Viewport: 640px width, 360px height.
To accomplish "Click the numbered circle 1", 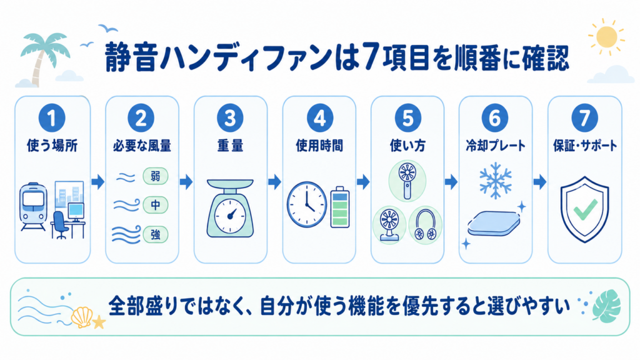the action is pyautogui.click(x=52, y=118).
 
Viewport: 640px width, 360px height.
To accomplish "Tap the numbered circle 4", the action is pyautogui.click(x=319, y=118).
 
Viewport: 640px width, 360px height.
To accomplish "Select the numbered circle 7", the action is pyautogui.click(x=584, y=118).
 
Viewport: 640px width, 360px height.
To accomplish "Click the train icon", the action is pyautogui.click(x=34, y=206).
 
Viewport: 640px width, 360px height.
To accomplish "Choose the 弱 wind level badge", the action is pyautogui.click(x=156, y=176).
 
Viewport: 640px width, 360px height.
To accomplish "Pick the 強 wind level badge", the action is pyautogui.click(x=156, y=235).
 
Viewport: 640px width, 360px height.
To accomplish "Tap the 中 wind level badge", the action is pyautogui.click(x=156, y=205).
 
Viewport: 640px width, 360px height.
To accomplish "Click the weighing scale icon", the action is pyautogui.click(x=230, y=208).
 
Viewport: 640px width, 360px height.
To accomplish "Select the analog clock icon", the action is pyautogui.click(x=306, y=204).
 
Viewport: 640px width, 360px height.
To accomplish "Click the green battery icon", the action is pyautogui.click(x=339, y=206).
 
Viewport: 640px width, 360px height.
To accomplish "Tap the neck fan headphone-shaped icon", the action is pyautogui.click(x=425, y=225).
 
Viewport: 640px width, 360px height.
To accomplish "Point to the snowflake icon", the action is pyautogui.click(x=496, y=181).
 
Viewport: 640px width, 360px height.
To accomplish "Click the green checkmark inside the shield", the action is pyautogui.click(x=585, y=209).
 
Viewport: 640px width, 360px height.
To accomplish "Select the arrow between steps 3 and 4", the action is pyautogui.click(x=274, y=182).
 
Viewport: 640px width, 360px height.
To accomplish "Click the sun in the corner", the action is pyautogui.click(x=606, y=37).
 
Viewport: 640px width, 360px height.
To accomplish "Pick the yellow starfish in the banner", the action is pyautogui.click(x=99, y=322).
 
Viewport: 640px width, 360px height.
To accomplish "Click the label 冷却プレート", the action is pyautogui.click(x=496, y=146).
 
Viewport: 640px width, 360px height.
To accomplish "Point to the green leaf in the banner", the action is pyautogui.click(x=606, y=306).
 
